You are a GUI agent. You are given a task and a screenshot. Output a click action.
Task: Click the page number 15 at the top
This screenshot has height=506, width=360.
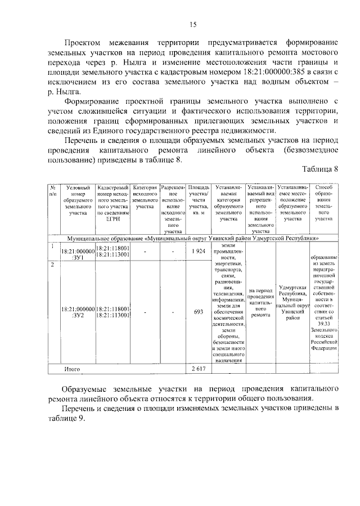[x=192, y=24]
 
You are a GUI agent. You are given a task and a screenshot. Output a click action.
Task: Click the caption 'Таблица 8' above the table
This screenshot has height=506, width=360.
[x=320, y=169]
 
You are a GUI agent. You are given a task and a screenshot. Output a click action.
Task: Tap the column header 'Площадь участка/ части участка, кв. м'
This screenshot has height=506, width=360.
[x=198, y=200]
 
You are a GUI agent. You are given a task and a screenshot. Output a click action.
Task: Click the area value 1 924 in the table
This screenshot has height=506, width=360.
[x=197, y=251]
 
